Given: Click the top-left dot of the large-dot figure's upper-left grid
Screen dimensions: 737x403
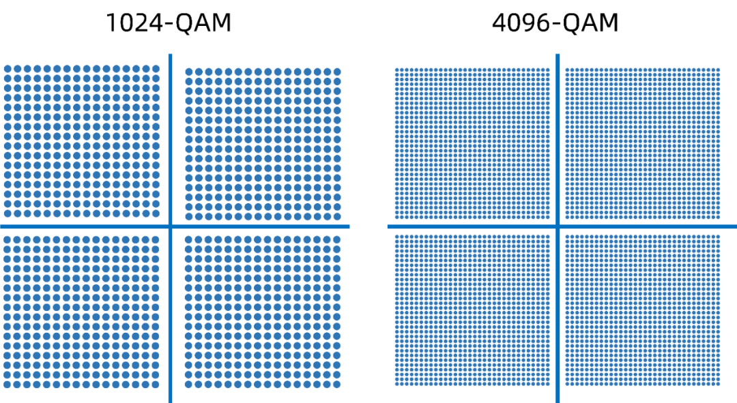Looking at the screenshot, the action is (8, 69).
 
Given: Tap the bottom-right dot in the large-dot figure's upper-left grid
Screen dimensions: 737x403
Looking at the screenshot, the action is (156, 213).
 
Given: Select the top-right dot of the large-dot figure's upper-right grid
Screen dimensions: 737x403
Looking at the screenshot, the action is (337, 72).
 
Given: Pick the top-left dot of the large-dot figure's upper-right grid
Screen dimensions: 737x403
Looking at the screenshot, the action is (189, 72).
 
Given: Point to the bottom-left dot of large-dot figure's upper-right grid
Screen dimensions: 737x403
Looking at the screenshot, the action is (189, 216).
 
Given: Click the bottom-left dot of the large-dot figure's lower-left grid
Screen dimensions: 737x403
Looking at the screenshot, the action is (8, 384).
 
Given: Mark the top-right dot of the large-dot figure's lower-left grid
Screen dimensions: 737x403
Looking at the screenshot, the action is (156, 239).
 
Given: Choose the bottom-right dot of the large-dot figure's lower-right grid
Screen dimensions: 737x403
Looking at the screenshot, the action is (337, 384).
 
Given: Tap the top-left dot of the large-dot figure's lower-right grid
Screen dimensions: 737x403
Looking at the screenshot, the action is (189, 239).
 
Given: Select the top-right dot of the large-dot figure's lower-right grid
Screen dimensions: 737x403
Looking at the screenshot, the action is (337, 239).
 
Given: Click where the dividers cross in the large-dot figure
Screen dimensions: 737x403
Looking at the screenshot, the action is (170, 226).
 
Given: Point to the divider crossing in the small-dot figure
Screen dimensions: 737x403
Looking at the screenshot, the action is (558, 226).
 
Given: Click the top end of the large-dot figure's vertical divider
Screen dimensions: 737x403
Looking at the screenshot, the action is (170, 54).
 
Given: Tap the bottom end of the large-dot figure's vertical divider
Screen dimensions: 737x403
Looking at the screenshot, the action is (170, 402).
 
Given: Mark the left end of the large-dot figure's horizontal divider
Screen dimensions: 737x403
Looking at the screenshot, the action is (1, 226).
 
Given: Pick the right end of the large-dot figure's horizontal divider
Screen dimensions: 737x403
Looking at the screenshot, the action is (349, 226).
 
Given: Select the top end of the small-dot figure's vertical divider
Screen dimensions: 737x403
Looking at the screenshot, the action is (558, 54).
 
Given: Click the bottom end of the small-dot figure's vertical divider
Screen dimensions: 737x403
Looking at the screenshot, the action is (558, 402).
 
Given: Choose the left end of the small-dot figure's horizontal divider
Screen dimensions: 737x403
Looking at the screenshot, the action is (388, 226).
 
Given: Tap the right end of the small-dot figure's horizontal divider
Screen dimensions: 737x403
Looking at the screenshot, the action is (736, 226).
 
